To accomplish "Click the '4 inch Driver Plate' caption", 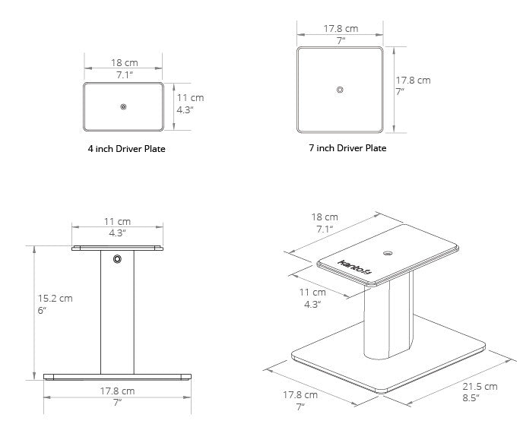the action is tap(126, 149).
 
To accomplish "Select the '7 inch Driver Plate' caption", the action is tap(347, 148).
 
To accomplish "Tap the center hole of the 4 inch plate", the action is tap(123, 106).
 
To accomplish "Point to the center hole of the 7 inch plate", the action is tap(340, 90).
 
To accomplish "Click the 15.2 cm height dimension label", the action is tap(55, 299).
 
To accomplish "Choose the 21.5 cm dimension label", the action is tap(480, 387).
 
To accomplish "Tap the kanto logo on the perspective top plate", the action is tap(354, 267).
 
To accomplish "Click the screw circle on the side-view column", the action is tap(117, 259).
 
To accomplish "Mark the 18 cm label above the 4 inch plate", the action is tap(125, 62).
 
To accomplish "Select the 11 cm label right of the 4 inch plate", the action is tap(190, 98).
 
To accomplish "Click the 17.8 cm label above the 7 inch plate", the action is tap(341, 29).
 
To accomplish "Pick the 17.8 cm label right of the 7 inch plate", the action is tap(413, 81).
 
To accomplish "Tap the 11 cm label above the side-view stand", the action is tap(117, 221).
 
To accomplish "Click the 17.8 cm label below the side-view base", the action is tap(117, 391).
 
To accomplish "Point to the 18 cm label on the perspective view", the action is tap(325, 217).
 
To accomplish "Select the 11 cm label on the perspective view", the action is tap(312, 293).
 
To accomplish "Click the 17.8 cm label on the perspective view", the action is tap(300, 395).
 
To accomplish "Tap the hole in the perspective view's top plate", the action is tap(388, 253).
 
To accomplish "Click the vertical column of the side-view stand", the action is tap(117, 312).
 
